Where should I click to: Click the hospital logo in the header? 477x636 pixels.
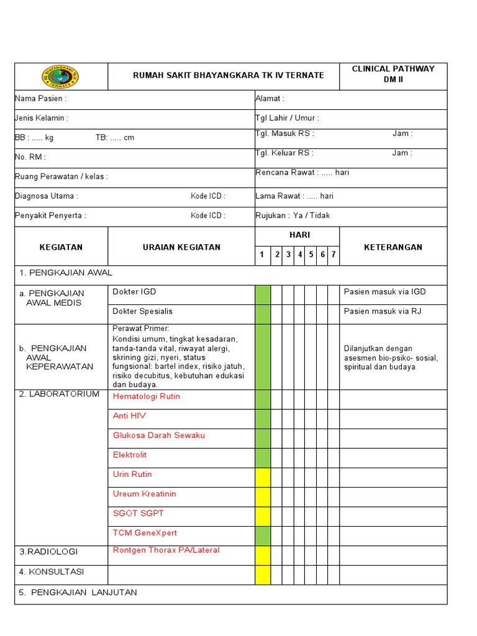[60, 76]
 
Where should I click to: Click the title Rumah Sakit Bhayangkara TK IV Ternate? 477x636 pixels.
[229, 75]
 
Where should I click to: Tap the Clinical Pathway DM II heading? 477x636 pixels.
[393, 74]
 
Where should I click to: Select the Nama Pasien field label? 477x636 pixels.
[41, 99]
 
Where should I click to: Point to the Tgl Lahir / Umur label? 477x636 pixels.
[287, 118]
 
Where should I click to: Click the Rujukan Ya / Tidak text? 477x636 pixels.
[293, 216]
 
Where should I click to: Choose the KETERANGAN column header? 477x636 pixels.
[393, 247]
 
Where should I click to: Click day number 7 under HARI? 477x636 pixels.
[334, 255]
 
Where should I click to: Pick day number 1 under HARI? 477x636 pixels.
[262, 255]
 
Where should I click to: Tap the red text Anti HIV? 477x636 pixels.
[129, 416]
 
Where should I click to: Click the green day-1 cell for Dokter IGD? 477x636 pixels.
[263, 295]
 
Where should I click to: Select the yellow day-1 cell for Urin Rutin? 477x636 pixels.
[263, 478]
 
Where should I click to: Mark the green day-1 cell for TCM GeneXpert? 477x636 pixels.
[263, 536]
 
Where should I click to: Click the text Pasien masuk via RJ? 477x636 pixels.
[383, 311]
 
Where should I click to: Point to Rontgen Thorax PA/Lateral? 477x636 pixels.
[166, 550]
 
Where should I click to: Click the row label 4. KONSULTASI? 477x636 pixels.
[52, 571]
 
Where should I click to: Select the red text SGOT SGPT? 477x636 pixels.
[139, 514]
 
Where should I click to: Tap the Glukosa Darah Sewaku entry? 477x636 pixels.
[159, 435]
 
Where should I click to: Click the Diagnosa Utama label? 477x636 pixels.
[47, 196]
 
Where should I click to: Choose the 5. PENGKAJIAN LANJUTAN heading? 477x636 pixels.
[78, 593]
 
